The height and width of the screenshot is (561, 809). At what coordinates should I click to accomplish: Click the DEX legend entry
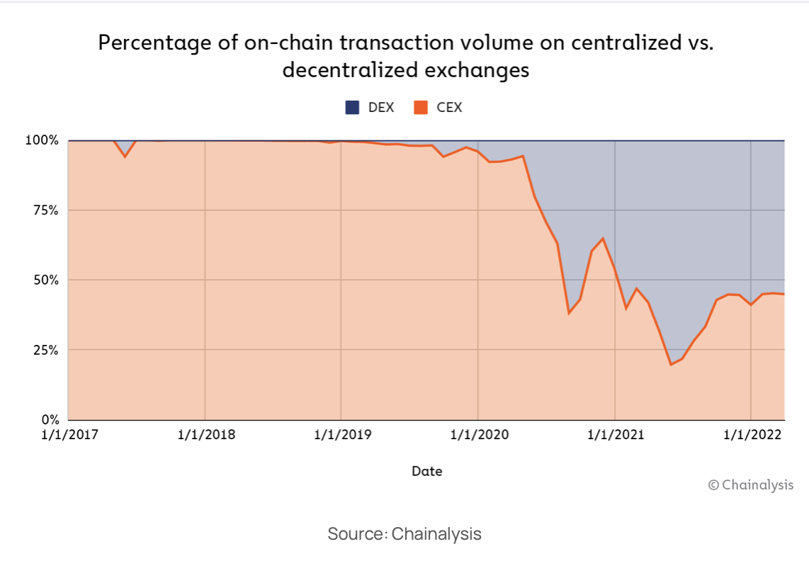[x=369, y=108]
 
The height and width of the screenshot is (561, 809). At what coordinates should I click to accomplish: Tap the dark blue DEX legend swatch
[x=352, y=108]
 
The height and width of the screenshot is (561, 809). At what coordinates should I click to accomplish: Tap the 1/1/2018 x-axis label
[x=205, y=434]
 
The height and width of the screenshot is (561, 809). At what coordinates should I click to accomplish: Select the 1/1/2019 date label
[x=342, y=434]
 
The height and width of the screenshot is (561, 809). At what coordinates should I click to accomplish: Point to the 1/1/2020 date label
[x=478, y=434]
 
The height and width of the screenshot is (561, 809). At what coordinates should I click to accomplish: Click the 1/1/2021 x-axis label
[x=615, y=434]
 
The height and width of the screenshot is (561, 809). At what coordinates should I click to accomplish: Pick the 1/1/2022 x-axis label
[x=751, y=434]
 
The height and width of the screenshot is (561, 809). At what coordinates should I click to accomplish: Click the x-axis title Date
[x=426, y=471]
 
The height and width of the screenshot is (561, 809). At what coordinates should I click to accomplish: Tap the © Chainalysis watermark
[x=751, y=485]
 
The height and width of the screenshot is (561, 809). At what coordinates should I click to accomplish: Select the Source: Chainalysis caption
[x=404, y=534]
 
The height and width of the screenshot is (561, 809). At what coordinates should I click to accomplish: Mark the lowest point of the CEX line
[x=670, y=365]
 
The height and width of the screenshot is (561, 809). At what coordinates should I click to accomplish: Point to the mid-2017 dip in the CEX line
[x=125, y=157]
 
